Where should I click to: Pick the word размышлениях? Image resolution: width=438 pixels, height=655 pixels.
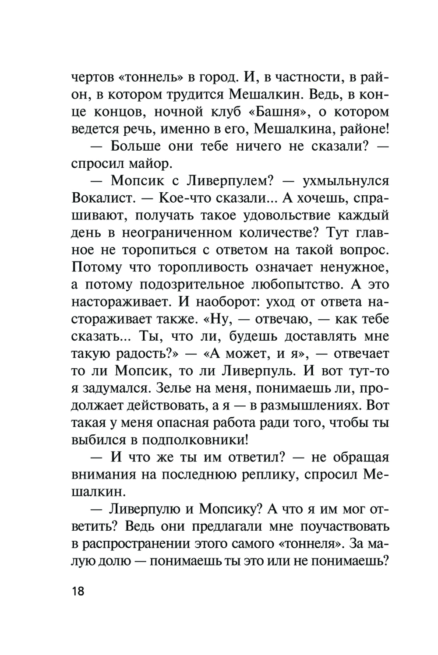[311, 405]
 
